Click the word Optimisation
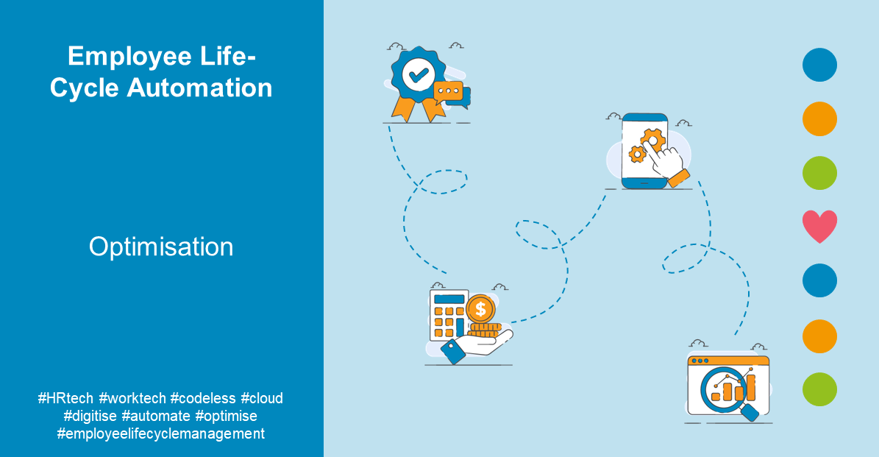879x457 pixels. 161,247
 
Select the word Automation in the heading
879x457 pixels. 200,88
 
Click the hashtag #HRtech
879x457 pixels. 65,398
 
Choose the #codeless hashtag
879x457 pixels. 202,398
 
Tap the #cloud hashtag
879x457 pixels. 262,398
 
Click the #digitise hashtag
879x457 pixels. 90,416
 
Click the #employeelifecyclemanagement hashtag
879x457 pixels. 160,433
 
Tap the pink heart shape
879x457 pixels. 819,226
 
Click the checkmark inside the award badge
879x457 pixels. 418,74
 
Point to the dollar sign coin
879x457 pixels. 481,308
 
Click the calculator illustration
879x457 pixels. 448,315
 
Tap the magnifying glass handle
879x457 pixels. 750,412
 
